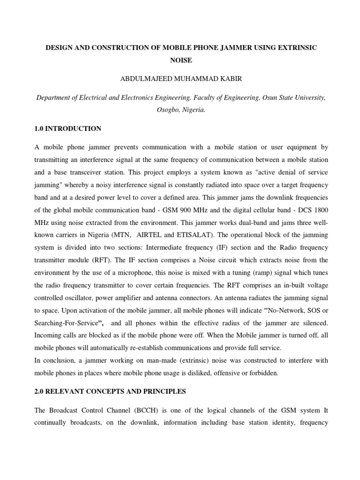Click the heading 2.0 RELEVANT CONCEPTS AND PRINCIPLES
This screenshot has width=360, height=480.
[x=111, y=390]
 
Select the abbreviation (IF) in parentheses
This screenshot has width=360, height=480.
[x=233, y=247]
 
